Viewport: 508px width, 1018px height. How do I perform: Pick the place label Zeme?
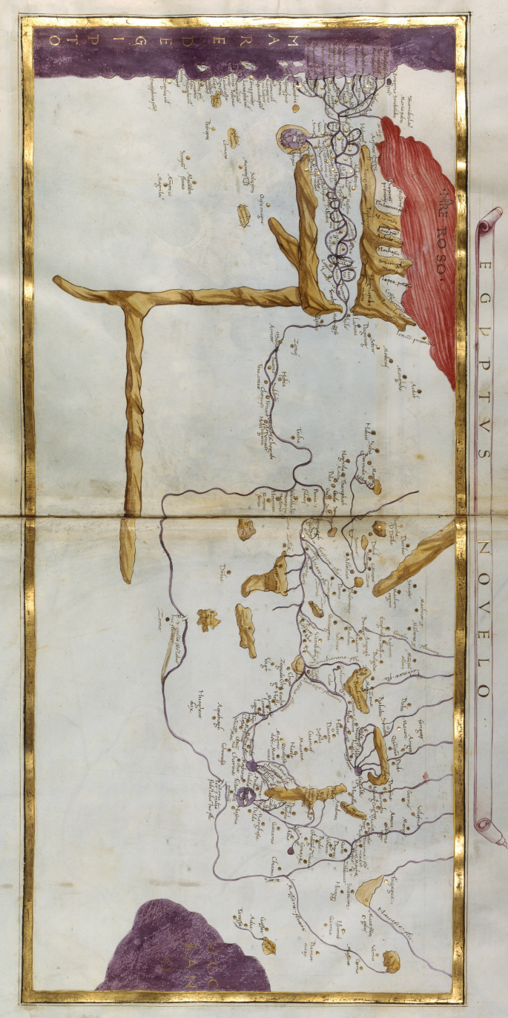pos(159,615)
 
